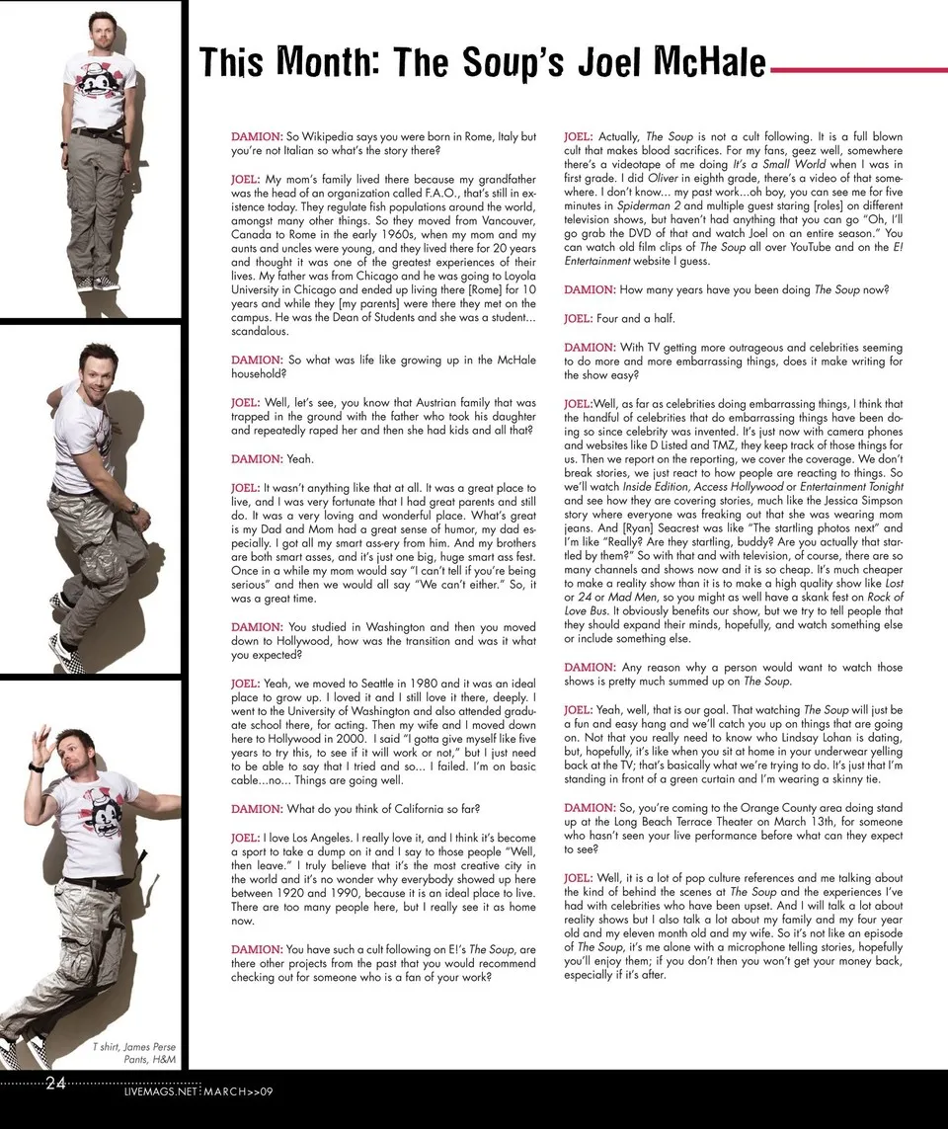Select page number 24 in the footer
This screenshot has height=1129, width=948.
point(55,1084)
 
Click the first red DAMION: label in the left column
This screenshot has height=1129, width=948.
point(256,135)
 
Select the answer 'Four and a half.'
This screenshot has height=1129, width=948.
point(619,319)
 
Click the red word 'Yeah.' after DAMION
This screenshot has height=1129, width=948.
point(299,459)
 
